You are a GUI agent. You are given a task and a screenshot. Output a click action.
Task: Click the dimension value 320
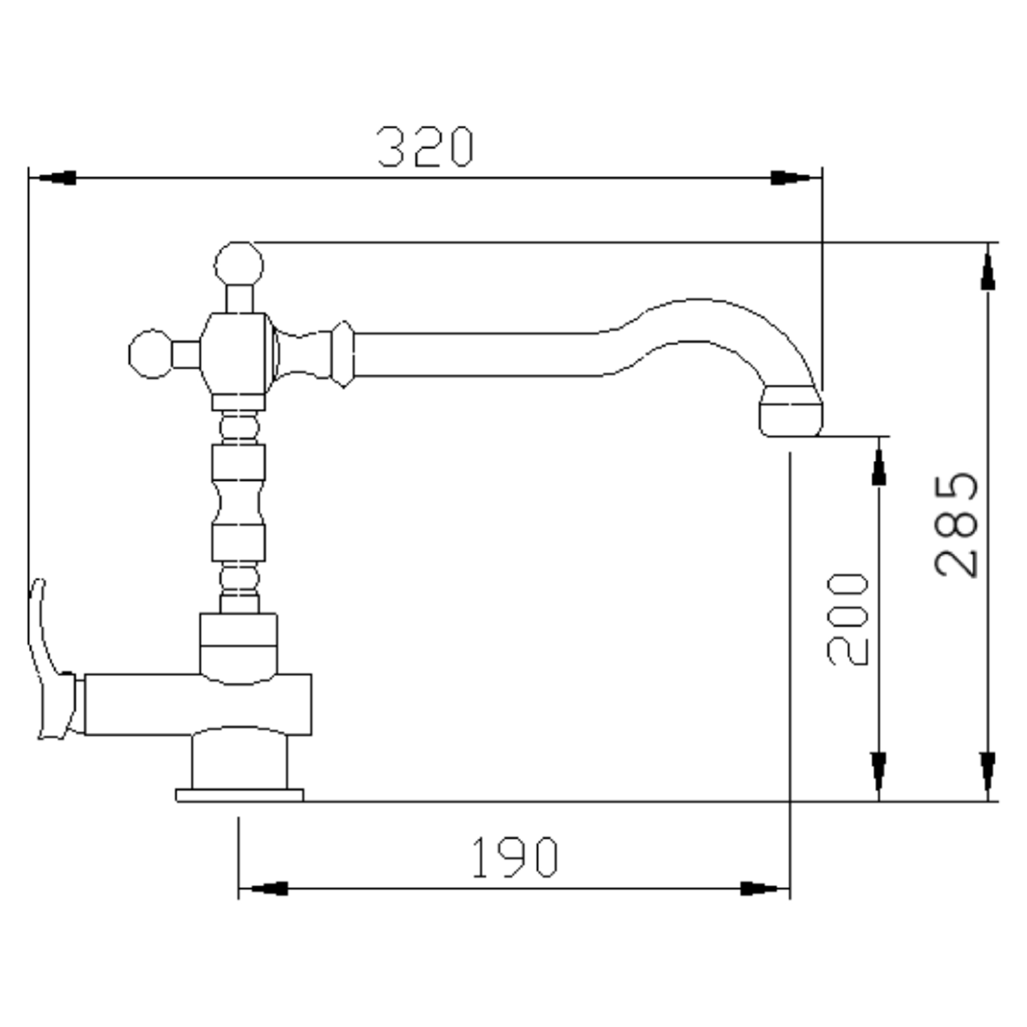click(x=425, y=147)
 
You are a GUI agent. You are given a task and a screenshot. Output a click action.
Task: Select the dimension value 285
click(x=956, y=525)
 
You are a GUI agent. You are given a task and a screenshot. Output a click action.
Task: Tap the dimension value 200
click(x=848, y=619)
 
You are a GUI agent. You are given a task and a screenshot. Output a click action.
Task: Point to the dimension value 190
click(x=515, y=857)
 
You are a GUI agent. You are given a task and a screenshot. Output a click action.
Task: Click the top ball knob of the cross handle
click(x=239, y=264)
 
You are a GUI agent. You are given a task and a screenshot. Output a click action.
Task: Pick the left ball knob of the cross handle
click(x=151, y=354)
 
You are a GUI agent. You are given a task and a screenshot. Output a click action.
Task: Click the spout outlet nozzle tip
click(x=791, y=412)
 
